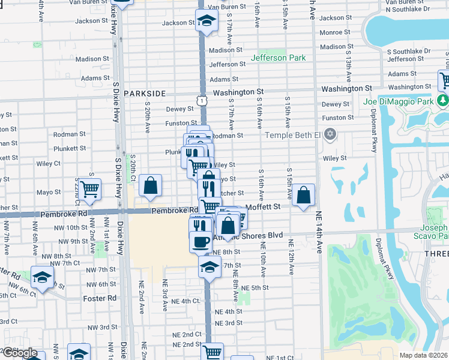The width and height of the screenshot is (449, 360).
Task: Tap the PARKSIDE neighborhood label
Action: pos(145,94)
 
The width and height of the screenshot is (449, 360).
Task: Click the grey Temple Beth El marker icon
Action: pos(330,134)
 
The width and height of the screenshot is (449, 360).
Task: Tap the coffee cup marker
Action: pos(200,241)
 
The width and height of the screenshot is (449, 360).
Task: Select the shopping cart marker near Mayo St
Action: pos(89,188)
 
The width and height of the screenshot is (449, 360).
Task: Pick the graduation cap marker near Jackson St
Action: pos(206,21)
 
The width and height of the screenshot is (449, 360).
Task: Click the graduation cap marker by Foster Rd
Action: pos(42,277)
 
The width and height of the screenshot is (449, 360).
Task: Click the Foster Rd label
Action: pos(100,298)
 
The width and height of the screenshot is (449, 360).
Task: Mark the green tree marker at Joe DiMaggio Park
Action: pos(443,99)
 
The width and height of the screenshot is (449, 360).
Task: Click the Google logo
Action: pos(20,353)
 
